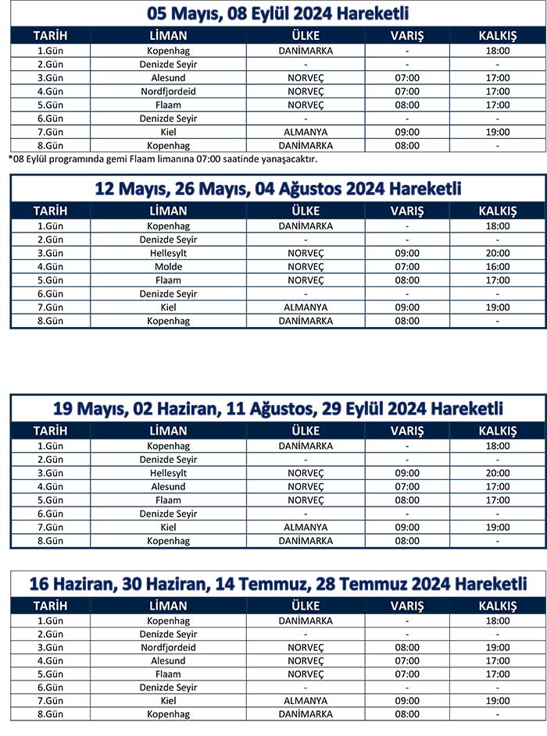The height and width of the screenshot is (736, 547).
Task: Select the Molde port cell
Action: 168,266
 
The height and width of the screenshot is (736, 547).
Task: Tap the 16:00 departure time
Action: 497,266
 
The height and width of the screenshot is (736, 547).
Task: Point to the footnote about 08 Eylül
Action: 163,159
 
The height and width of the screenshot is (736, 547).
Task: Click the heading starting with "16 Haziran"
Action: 278,584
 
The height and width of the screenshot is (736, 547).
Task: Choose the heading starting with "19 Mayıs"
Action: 278,408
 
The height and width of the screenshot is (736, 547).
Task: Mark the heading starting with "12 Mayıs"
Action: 278,189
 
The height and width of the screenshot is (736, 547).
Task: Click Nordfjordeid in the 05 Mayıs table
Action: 168,91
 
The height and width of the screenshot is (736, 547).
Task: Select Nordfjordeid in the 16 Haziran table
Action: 168,647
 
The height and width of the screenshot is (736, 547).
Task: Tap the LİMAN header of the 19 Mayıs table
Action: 168,431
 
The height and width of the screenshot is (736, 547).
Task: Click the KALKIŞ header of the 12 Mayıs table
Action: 497,211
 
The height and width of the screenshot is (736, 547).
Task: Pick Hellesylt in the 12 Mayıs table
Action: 168,253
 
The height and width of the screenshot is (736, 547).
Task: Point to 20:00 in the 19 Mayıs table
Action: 497,473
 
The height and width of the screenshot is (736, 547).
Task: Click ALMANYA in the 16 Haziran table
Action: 306,701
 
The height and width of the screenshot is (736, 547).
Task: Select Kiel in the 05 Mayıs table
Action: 168,132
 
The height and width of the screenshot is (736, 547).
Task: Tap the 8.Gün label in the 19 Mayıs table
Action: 50,540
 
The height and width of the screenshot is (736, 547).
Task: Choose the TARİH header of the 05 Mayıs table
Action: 50,36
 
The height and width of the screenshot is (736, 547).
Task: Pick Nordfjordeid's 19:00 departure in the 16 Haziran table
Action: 497,647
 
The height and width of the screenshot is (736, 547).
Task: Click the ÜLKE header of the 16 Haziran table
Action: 306,606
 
